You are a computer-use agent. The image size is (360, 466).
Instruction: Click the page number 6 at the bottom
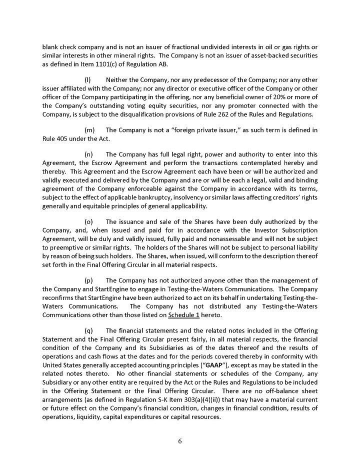click(x=180, y=441)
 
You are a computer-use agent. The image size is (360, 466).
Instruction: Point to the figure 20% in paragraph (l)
click(x=282, y=97)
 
